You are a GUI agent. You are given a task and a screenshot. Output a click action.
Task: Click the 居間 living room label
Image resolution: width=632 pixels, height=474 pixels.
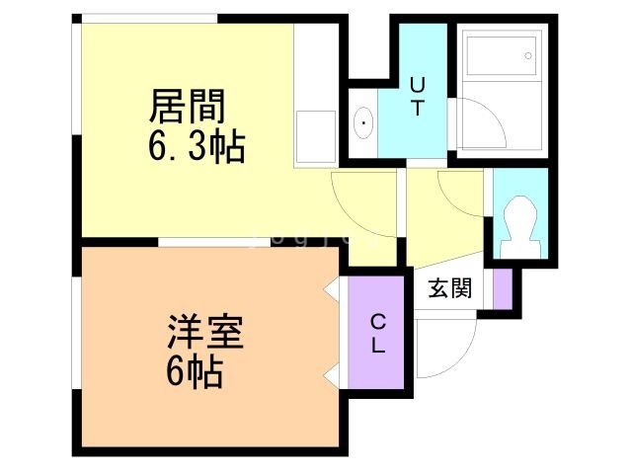(187, 106)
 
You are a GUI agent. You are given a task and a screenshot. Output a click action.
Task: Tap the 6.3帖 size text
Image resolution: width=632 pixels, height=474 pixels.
(197, 146)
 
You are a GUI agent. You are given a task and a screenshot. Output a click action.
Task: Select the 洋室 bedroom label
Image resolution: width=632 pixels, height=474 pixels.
(205, 332)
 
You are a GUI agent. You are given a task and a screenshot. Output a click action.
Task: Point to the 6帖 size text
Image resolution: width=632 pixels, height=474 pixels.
(195, 371)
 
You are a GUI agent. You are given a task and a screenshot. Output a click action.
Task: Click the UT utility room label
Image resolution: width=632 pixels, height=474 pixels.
(418, 97)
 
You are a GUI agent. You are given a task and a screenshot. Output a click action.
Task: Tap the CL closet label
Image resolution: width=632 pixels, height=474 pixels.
(377, 334)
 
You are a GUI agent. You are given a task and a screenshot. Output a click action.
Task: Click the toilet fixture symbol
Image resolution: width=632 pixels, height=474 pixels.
(519, 226)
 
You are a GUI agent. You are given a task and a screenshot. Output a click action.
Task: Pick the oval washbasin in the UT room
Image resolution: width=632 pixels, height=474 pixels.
(363, 122)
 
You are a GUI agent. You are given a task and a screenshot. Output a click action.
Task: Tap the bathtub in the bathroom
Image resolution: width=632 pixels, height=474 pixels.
(501, 56)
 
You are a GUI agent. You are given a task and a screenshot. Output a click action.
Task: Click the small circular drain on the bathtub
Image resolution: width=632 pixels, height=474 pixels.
(528, 56)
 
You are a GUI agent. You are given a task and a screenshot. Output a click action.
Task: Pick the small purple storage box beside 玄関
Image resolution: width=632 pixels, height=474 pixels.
(503, 289)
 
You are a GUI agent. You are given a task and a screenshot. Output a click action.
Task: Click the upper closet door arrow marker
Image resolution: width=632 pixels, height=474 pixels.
(332, 288)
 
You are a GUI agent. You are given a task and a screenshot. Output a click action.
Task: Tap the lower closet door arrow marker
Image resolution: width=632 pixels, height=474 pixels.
(332, 376)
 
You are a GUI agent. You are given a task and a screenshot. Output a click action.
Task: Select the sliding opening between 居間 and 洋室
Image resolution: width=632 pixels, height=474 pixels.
(213, 242)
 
